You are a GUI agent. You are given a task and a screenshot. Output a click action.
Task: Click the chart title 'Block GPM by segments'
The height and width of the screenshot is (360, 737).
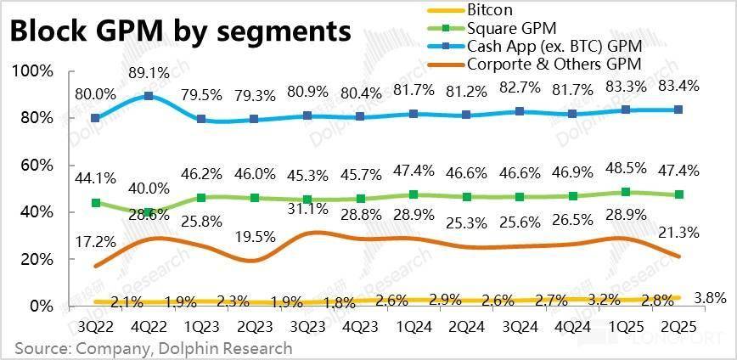coord(180,31)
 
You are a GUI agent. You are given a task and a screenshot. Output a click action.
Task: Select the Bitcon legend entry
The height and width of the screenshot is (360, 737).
coord(489,9)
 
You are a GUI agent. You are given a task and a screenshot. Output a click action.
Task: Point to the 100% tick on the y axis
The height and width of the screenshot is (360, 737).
coord(32,70)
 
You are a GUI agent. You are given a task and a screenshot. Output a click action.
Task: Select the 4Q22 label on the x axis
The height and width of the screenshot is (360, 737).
coord(149,326)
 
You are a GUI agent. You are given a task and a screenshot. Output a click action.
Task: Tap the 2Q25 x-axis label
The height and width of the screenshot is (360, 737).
coord(679,326)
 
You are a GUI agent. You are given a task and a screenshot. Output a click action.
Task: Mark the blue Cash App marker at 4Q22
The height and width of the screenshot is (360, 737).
coord(149,96)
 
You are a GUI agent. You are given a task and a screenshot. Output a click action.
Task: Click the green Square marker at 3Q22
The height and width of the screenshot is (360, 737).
coord(96,203)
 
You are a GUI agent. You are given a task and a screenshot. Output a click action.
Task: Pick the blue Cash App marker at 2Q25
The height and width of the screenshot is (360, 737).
coord(679,110)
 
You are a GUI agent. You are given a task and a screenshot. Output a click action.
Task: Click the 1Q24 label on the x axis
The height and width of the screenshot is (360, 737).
coord(414,326)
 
